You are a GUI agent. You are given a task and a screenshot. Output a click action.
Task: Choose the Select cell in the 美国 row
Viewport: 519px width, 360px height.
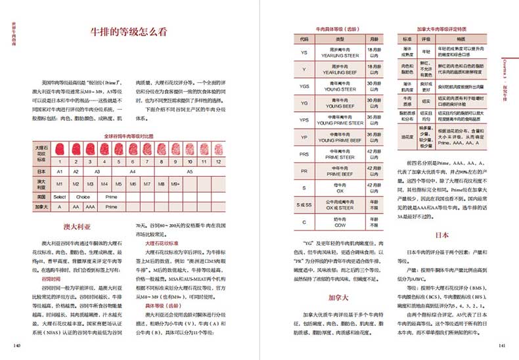click(x=60, y=196)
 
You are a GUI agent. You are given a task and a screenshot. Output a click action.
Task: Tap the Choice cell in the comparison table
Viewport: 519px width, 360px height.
click(x=83, y=196)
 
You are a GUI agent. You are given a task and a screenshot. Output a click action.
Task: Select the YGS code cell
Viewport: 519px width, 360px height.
click(x=304, y=86)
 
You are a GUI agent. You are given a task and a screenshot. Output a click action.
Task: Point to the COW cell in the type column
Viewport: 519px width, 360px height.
click(x=338, y=223)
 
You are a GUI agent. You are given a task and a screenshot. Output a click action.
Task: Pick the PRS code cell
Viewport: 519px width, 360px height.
click(x=304, y=155)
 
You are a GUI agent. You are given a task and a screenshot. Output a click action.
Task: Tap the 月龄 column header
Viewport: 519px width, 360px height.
click(x=373, y=39)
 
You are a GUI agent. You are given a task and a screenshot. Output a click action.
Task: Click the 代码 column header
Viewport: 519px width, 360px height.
click(x=304, y=39)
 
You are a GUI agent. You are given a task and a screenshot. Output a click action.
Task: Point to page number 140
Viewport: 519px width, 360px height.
click(x=17, y=346)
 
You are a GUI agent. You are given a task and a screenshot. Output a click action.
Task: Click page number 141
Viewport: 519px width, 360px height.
click(x=502, y=346)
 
